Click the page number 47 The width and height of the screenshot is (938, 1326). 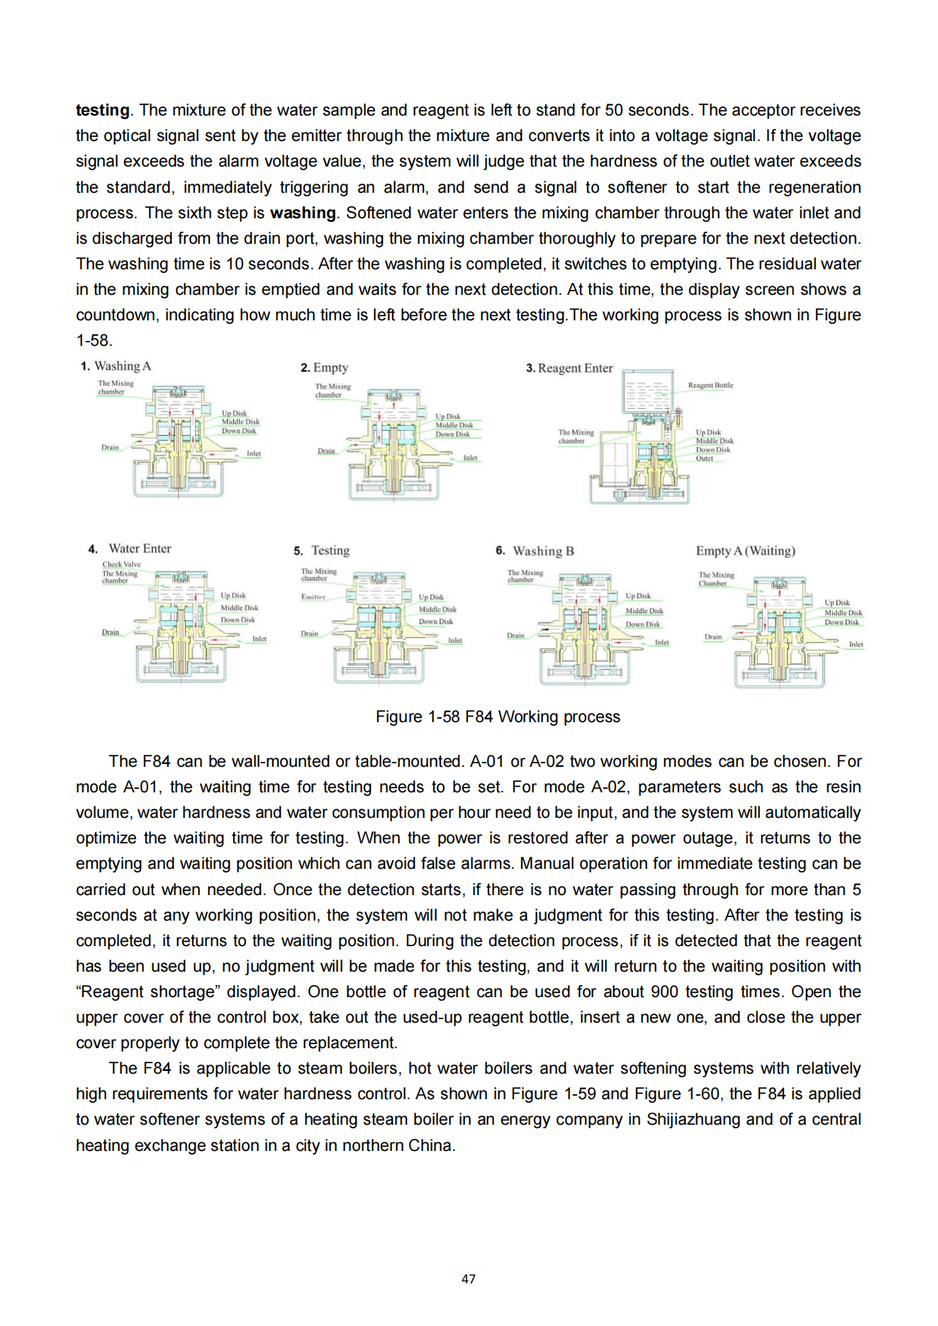468,1279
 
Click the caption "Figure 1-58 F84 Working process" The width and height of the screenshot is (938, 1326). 498,717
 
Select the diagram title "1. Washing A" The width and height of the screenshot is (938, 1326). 116,366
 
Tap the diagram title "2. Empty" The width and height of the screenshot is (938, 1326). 324,367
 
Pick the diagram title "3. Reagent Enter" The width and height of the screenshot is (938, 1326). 569,368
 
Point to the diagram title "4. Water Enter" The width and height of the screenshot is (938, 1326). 130,549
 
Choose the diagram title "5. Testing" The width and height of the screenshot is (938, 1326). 321,550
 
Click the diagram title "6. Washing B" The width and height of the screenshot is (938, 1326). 535,551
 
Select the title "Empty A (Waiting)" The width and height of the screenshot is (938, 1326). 745,551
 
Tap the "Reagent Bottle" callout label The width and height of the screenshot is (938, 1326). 710,386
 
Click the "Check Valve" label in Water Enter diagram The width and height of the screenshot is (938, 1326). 121,564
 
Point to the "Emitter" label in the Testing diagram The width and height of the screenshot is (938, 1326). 313,597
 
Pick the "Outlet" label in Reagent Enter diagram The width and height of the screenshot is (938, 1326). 704,459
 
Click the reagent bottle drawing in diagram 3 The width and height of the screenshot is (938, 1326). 647,391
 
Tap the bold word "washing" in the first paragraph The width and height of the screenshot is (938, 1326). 303,213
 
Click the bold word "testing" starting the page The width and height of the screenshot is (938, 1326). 102,110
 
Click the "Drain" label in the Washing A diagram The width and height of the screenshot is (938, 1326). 110,447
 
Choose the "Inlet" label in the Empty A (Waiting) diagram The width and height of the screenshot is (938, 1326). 856,644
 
